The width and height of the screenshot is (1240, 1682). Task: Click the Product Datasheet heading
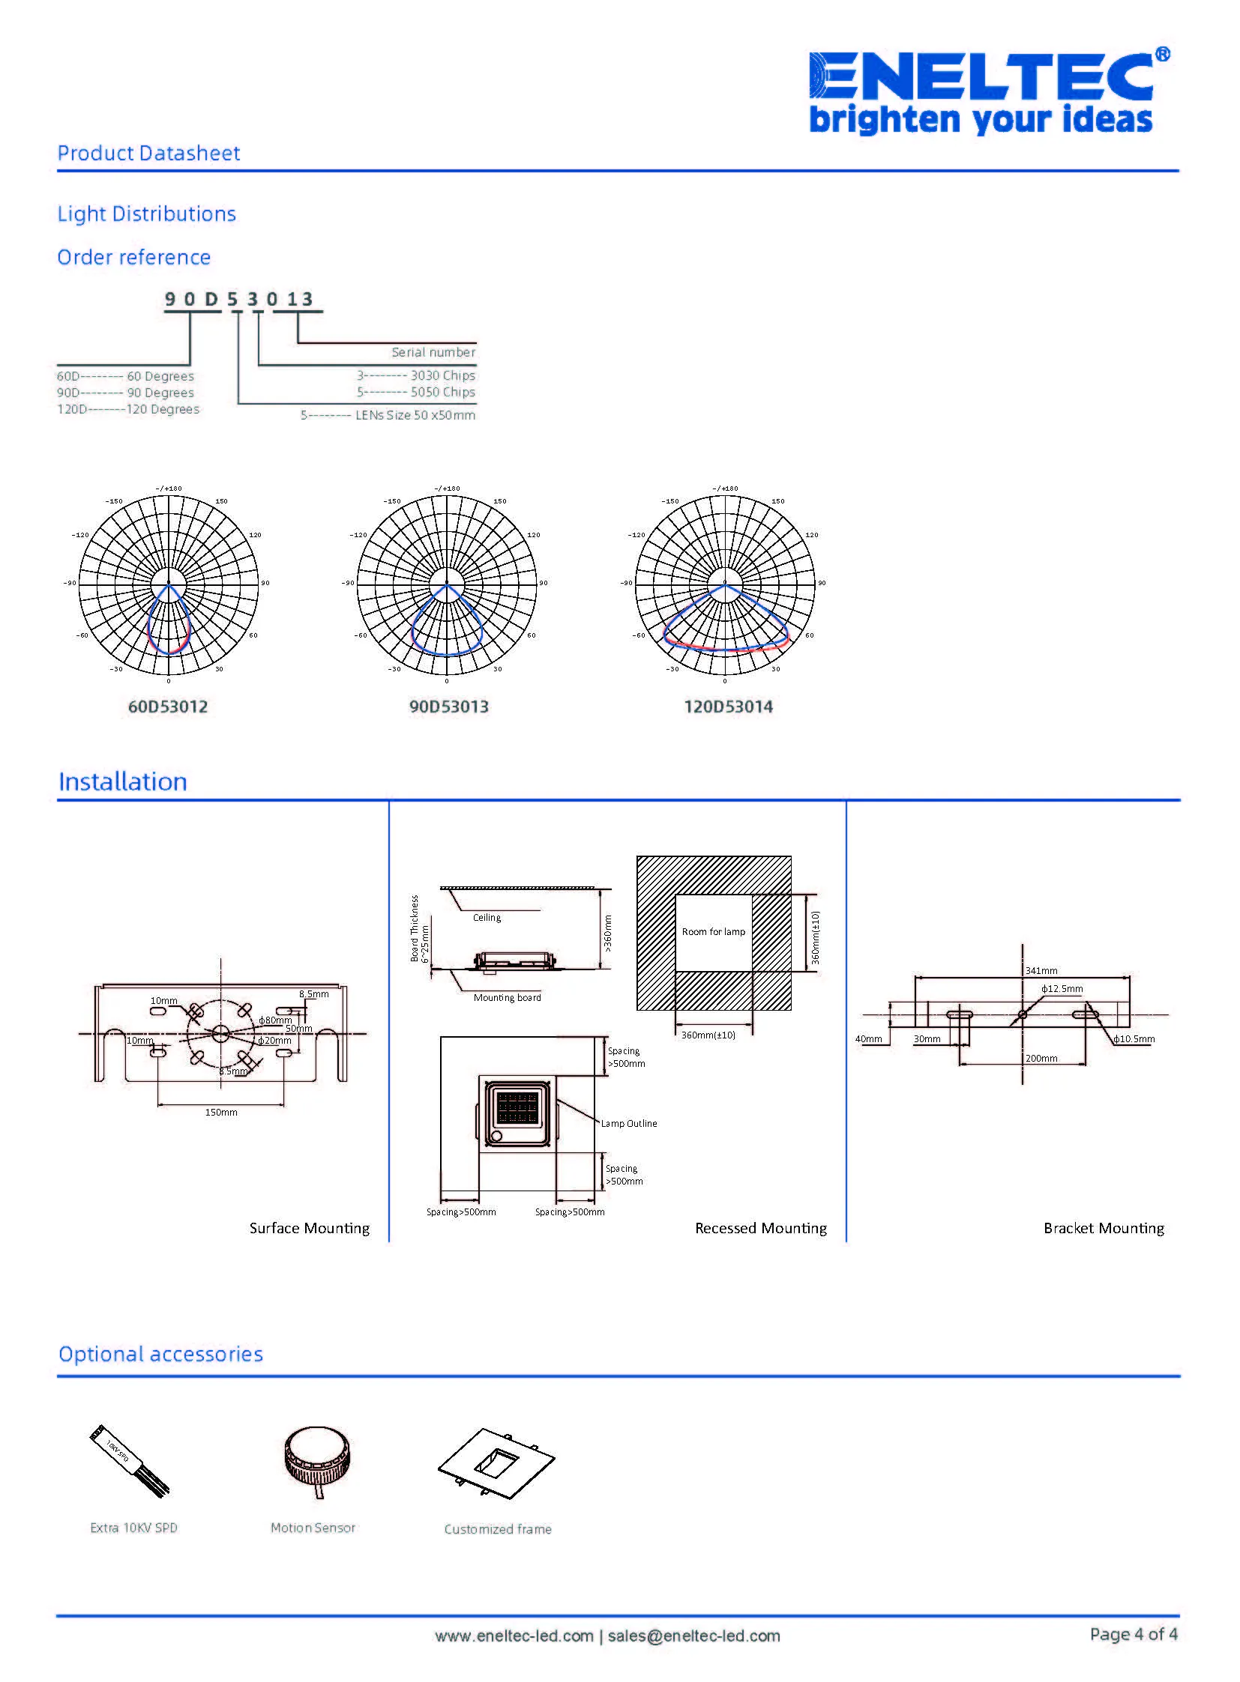tap(148, 153)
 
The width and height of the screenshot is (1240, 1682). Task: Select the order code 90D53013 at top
tap(238, 300)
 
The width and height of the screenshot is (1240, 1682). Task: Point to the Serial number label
tap(433, 352)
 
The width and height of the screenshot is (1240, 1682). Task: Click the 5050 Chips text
tap(442, 392)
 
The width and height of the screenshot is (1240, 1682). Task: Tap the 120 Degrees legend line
tap(128, 409)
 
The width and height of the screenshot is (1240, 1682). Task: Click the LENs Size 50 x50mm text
tap(415, 415)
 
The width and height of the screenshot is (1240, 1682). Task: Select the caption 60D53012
tap(168, 707)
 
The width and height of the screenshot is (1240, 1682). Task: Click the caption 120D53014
tap(728, 707)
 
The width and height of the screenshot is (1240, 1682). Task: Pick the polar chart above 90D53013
tap(447, 584)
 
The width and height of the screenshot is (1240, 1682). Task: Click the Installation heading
tap(123, 781)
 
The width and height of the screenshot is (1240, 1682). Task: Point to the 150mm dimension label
tap(220, 1112)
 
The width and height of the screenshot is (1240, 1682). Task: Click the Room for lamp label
tap(713, 932)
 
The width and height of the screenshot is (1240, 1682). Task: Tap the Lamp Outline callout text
tap(628, 1123)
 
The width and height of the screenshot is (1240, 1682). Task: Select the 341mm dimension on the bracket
tap(1041, 971)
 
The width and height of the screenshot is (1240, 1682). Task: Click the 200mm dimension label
tap(1041, 1058)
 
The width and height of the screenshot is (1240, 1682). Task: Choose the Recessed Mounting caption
tap(760, 1228)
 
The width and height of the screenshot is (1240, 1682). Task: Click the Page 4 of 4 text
tap(1134, 1633)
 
